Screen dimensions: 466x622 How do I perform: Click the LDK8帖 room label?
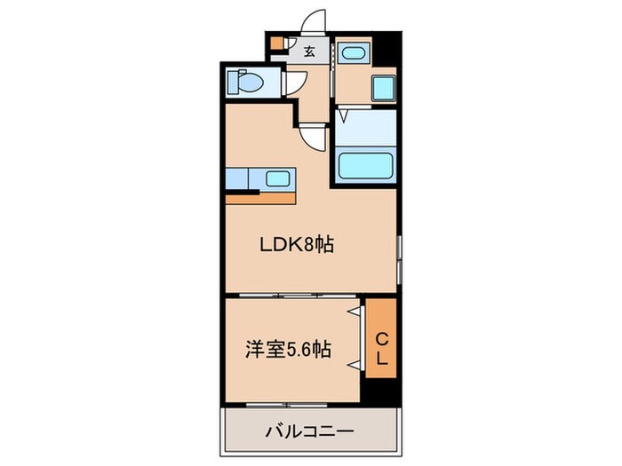pyautogui.click(x=296, y=247)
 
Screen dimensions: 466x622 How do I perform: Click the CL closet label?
pyautogui.click(x=380, y=348)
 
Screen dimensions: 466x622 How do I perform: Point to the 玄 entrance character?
pyautogui.click(x=309, y=51)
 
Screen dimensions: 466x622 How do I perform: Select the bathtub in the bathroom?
pyautogui.click(x=362, y=166)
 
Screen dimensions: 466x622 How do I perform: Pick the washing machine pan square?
pyautogui.click(x=383, y=89)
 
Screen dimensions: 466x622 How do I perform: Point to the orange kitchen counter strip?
pyautogui.click(x=262, y=198)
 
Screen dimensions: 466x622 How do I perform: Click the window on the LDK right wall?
pyautogui.click(x=400, y=257)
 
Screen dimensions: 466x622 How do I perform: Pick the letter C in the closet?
pyautogui.click(x=380, y=337)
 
